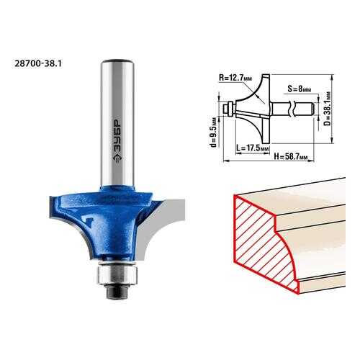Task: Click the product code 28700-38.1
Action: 38,63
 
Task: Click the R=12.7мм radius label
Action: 235,78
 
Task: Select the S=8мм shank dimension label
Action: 300,89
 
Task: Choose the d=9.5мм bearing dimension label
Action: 213,132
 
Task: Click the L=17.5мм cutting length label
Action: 252,148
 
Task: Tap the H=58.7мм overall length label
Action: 291,157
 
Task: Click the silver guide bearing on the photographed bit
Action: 117,275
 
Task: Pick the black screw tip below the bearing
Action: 117,292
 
